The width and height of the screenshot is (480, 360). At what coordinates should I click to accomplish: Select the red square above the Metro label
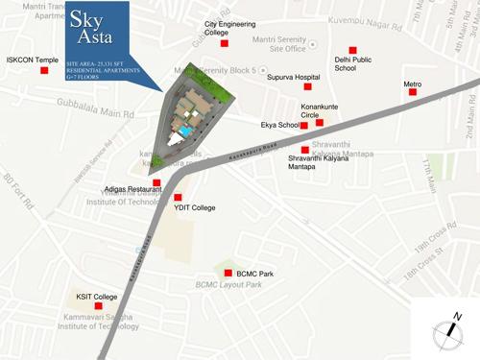pyautogui.click(x=412, y=73)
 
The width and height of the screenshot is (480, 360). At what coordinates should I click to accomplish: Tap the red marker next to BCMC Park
pyautogui.click(x=228, y=274)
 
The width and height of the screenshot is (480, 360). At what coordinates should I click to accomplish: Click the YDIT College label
pyautogui.click(x=194, y=207)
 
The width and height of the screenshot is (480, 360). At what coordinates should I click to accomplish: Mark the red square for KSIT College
pyautogui.click(x=84, y=306)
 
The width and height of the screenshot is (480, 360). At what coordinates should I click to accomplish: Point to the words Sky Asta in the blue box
pyautogui.click(x=93, y=34)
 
